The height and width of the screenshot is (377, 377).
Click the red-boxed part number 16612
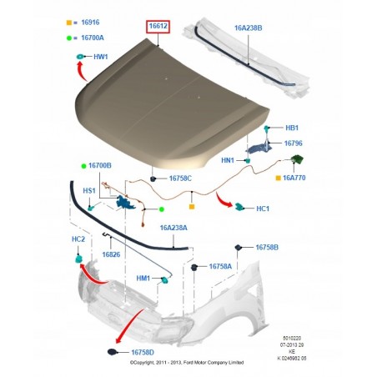coord(158,26)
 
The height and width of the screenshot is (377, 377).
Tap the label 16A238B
coord(248,28)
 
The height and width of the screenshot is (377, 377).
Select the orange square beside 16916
coord(69,23)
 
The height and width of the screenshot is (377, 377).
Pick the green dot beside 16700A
coord(69,38)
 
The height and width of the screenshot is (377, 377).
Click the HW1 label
coord(101,57)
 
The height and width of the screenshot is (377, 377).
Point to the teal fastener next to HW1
coord(80,57)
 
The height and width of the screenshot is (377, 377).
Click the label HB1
coord(292,128)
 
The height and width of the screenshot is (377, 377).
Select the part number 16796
coord(293,143)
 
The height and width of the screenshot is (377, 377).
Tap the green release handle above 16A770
coord(297,159)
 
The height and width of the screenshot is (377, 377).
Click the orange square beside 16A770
coord(278,178)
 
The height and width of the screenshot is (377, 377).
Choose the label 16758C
coord(180,178)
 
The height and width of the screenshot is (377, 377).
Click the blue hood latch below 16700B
coord(125,202)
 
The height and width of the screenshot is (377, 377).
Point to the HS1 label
coord(89,191)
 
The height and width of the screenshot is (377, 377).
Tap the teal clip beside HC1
coord(239,206)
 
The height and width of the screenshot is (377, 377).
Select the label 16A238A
coord(173,228)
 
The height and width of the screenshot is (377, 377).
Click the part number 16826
coord(111,254)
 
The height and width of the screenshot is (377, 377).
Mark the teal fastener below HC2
coord(78,259)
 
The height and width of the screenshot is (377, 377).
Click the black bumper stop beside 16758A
coord(194,268)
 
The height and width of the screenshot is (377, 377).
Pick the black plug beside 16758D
coord(112,352)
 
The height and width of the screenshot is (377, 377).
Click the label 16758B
coord(267,248)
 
